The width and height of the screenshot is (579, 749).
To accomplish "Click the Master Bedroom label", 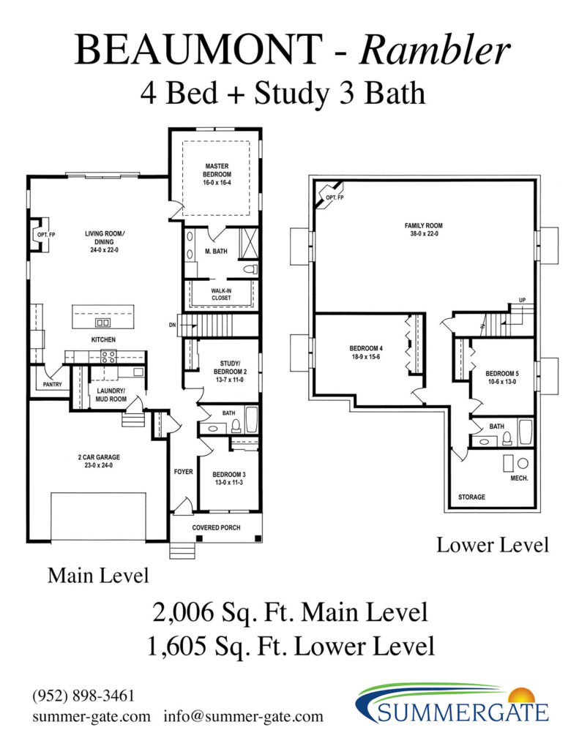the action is pyautogui.click(x=217, y=170).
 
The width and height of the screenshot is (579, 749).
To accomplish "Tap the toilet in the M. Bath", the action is pyautogui.click(x=250, y=269).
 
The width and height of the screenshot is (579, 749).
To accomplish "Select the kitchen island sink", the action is pyautogui.click(x=103, y=323).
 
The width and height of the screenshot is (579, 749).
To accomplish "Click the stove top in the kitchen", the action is pyautogui.click(x=108, y=356).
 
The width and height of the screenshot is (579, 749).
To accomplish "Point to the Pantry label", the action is pyautogui.click(x=52, y=384).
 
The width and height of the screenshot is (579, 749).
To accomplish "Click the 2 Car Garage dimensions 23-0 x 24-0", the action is pyautogui.click(x=99, y=465).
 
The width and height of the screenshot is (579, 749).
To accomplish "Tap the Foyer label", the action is pyautogui.click(x=183, y=472).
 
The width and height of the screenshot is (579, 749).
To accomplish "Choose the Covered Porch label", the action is pyautogui.click(x=216, y=527).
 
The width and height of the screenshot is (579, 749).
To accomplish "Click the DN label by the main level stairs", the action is pyautogui.click(x=172, y=325).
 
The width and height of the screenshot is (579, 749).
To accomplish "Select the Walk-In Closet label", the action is pyautogui.click(x=221, y=294).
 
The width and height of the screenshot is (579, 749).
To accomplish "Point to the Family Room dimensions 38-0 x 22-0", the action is pyautogui.click(x=424, y=233).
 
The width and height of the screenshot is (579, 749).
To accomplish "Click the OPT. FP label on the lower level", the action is pyautogui.click(x=335, y=197).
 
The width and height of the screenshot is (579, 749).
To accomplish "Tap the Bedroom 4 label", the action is pyautogui.click(x=366, y=348).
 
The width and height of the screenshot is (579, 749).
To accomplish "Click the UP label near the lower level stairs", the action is pyautogui.click(x=522, y=300).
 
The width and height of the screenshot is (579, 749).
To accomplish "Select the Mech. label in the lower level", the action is pyautogui.click(x=519, y=478).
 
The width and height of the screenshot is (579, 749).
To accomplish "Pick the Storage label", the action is pyautogui.click(x=471, y=497).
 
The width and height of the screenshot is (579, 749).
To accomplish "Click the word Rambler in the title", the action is pyautogui.click(x=434, y=49).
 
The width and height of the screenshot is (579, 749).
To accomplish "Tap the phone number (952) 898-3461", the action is pyautogui.click(x=83, y=695).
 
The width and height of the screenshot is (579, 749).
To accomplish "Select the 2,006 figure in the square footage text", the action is pyautogui.click(x=183, y=612).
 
